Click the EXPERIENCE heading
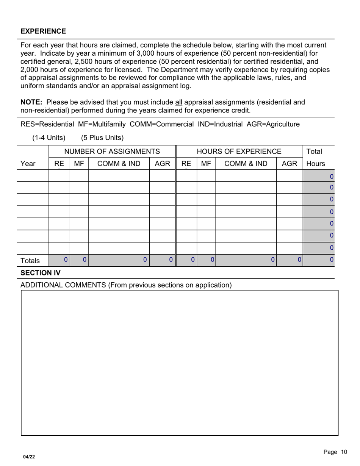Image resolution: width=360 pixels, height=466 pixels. (43, 31)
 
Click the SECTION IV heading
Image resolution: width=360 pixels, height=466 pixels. (40, 273)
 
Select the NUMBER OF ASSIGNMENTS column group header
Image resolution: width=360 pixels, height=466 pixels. (112, 152)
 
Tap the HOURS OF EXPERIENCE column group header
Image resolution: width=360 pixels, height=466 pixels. (239, 152)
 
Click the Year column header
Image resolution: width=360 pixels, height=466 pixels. (28, 164)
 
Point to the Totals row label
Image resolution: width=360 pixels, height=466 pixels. (30, 261)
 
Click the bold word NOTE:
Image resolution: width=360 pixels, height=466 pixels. (32, 102)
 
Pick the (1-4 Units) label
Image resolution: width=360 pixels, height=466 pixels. (49, 138)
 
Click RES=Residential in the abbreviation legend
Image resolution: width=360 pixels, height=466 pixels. (47, 124)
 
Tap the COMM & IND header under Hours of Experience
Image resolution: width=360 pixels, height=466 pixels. (246, 164)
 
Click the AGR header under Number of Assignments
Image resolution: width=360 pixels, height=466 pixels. (162, 164)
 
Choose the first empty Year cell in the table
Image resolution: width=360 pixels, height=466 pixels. (34, 176)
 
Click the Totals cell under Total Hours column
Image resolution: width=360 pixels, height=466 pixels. (318, 260)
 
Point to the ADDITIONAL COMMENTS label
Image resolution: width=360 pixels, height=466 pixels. (126, 285)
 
